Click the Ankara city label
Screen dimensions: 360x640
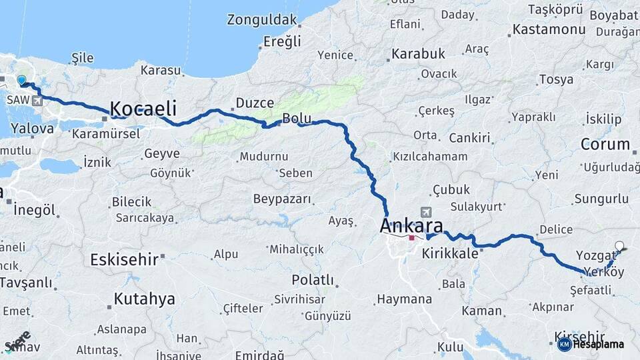click(x=414, y=225)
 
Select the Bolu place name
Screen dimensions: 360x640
click(x=297, y=118)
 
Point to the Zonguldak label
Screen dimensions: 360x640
click(x=261, y=19)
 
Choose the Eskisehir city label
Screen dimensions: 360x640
click(x=125, y=259)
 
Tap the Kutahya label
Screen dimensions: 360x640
click(x=144, y=299)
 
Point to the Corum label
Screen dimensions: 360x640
click(x=605, y=143)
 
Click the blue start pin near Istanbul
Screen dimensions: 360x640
click(x=21, y=81)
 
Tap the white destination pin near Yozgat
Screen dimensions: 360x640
click(x=620, y=246)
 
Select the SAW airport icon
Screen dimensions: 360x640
click(x=35, y=101)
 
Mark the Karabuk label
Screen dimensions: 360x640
click(x=418, y=53)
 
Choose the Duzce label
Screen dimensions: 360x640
click(x=254, y=103)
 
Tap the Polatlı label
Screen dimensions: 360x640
click(x=312, y=279)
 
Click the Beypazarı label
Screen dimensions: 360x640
click(x=282, y=198)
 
